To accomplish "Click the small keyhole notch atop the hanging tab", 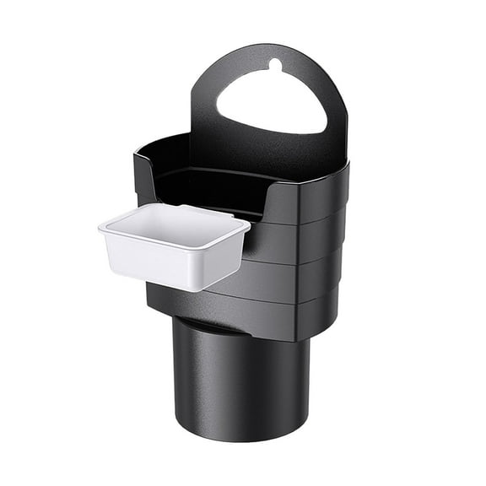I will point(274,63).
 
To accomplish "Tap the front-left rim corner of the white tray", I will point(102,229).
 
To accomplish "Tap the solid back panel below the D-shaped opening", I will point(270,156).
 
